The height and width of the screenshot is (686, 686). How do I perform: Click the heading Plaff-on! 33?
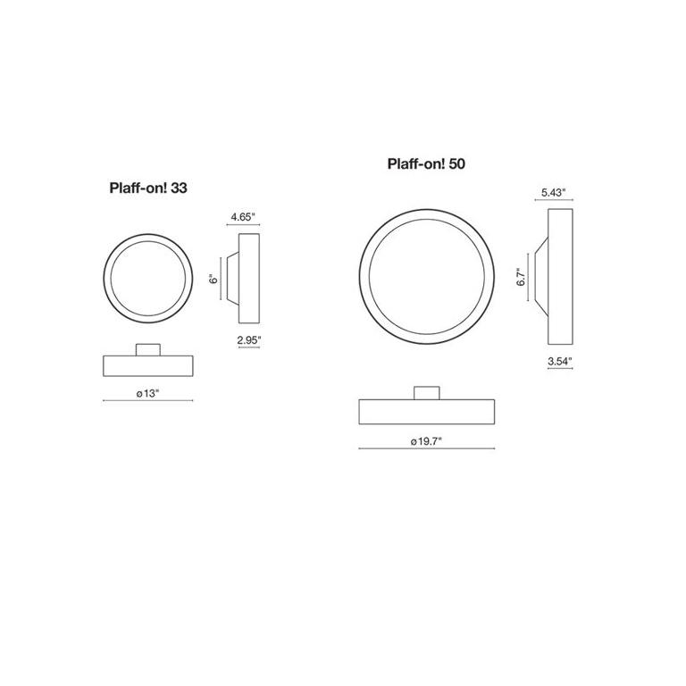pos(147,188)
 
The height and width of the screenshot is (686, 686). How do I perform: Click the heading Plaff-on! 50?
pos(426,164)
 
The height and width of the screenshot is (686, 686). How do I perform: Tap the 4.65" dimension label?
pos(243,217)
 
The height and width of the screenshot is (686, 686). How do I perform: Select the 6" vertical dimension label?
pos(213,278)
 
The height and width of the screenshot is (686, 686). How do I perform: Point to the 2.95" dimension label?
pos(249,339)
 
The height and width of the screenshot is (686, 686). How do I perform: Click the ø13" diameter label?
pos(147,393)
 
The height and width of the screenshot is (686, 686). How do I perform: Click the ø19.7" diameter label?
pos(426,440)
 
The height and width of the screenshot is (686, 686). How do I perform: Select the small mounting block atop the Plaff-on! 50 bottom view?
pos(426,392)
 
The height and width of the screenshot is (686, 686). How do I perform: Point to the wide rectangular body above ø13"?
pos(147,364)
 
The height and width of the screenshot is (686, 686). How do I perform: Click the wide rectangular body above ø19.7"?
pos(426,411)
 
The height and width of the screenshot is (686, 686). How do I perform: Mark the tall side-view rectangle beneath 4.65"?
pos(249,278)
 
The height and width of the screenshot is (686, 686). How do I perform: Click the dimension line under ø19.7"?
pos(426,449)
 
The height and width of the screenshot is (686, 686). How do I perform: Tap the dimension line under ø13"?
pos(147,402)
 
